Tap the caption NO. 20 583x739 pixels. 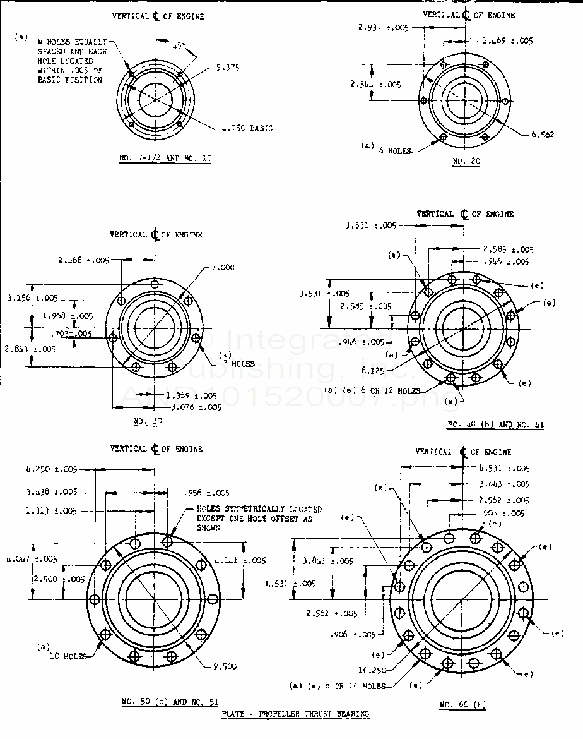pos(466,161)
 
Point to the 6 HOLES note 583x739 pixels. pos(394,151)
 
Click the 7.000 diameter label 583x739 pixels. pos(223,268)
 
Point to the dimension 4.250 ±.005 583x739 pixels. pos(50,469)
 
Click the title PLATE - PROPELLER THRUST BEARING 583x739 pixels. pos(295,714)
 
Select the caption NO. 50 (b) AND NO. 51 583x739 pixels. pos(166,702)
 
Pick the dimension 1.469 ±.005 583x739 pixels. pos(507,41)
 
